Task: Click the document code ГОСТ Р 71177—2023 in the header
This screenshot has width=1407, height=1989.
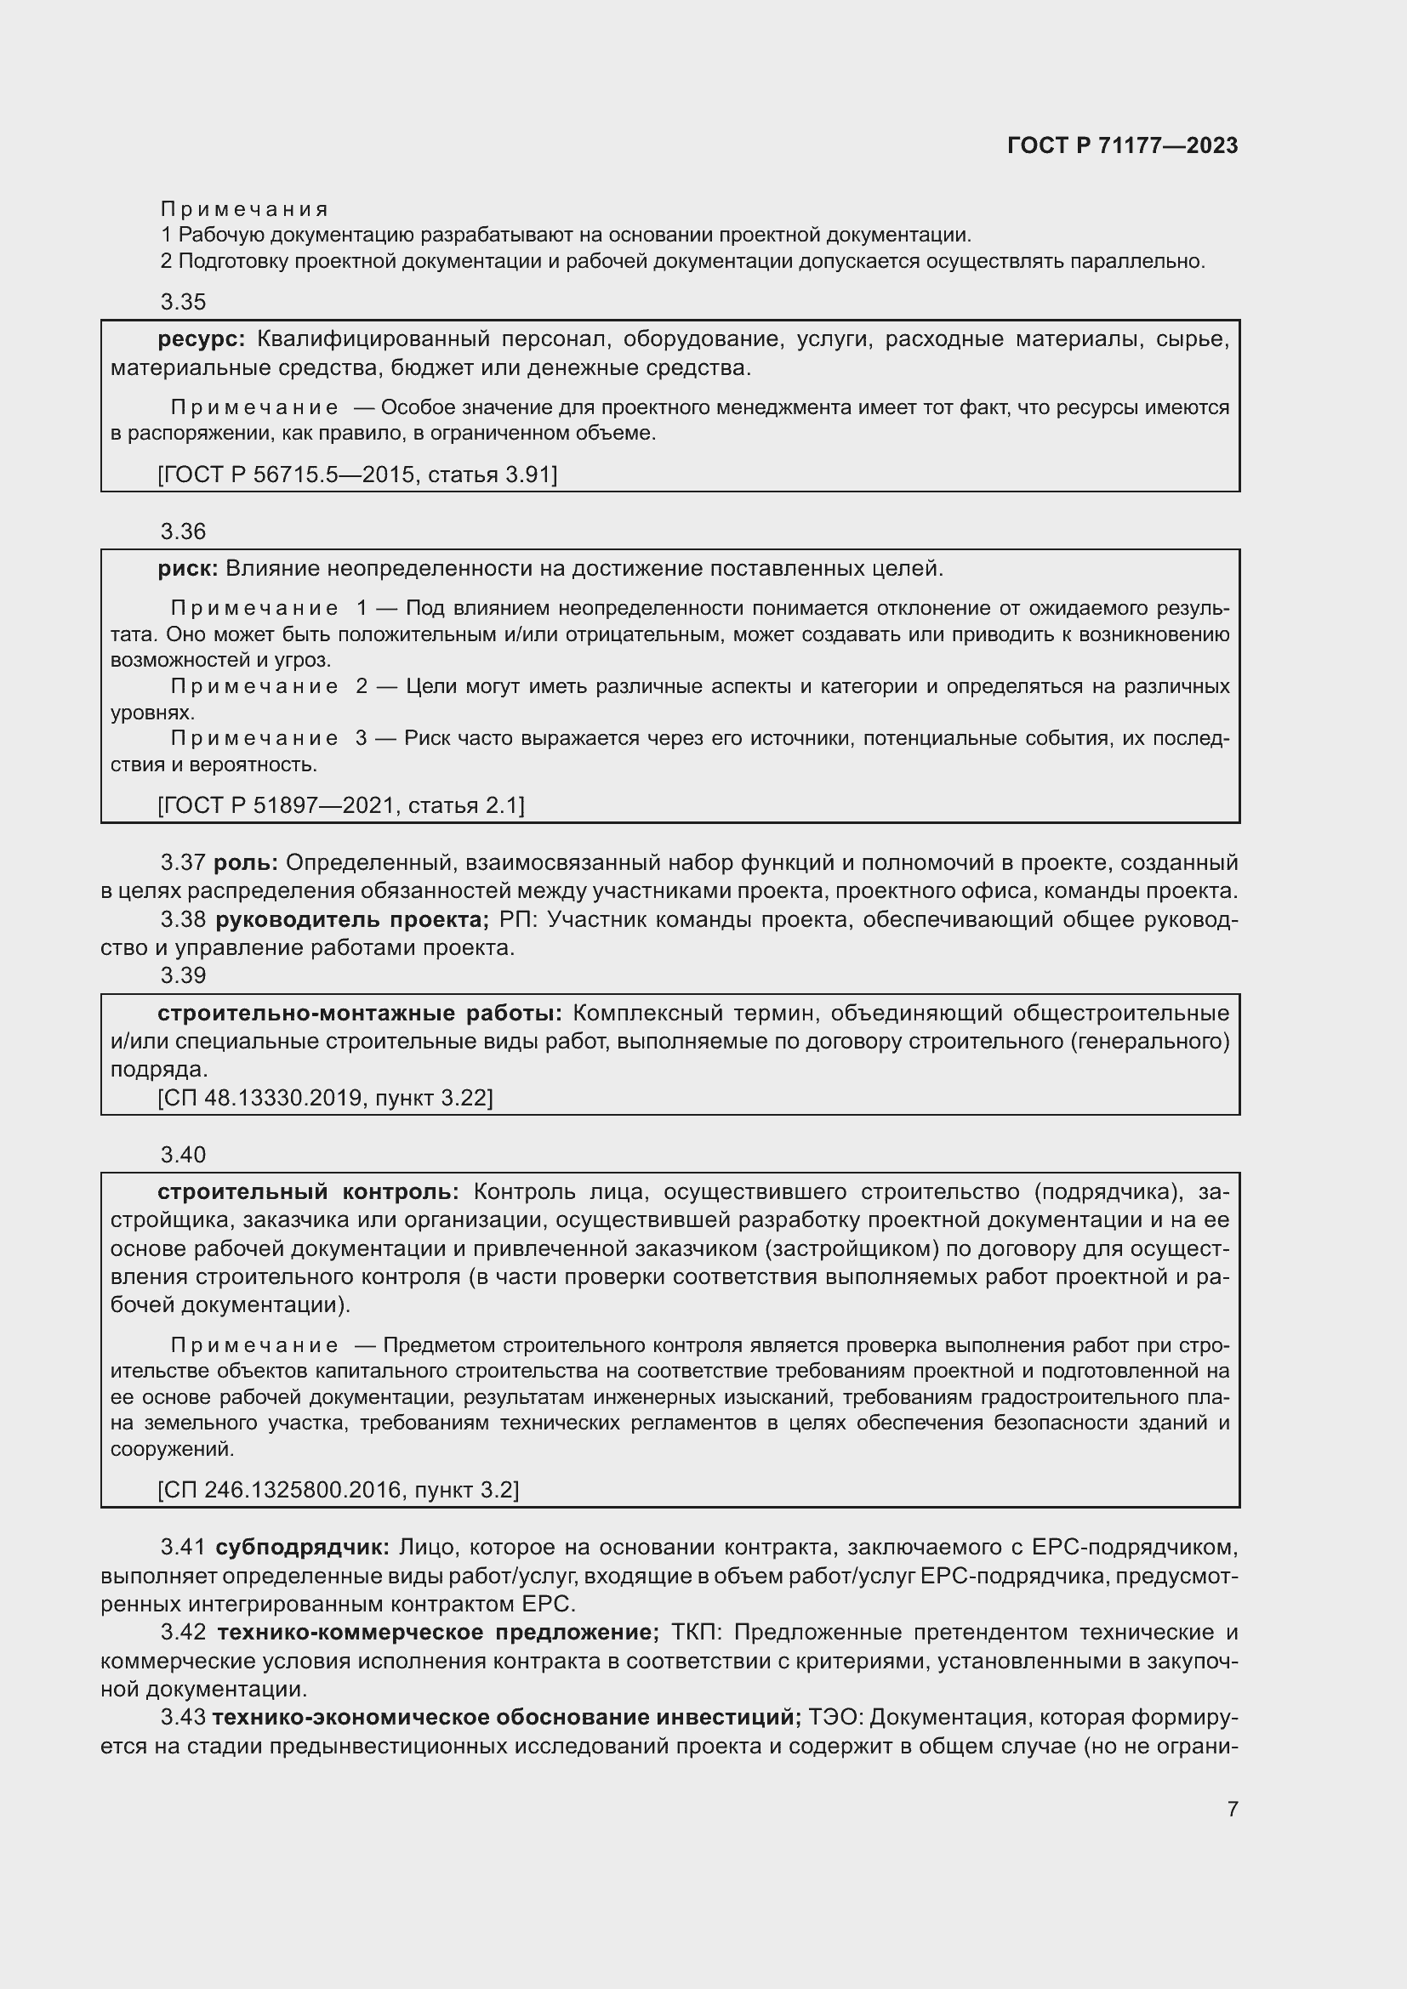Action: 1122,145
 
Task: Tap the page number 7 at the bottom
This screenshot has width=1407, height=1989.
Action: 1232,1809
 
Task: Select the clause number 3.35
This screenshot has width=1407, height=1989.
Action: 184,302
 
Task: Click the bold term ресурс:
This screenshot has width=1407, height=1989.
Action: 202,339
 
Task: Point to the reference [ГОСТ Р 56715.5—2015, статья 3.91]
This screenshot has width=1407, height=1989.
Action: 358,474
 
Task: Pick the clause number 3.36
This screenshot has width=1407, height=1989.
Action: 184,531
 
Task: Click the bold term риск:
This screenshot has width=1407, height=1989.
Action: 188,569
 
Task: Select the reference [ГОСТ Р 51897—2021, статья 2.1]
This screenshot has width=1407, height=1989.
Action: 341,805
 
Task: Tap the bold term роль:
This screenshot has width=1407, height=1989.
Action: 245,863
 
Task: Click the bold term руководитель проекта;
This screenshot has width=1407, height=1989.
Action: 353,919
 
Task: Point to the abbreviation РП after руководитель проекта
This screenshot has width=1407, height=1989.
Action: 518,919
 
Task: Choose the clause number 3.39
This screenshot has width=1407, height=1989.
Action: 184,975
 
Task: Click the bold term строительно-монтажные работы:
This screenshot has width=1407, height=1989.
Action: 360,1013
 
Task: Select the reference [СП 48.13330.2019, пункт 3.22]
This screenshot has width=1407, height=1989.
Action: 326,1099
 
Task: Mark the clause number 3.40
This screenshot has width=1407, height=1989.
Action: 184,1155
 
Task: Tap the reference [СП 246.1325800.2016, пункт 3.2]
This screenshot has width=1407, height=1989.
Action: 339,1490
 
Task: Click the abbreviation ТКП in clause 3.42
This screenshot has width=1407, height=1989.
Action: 701,1632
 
